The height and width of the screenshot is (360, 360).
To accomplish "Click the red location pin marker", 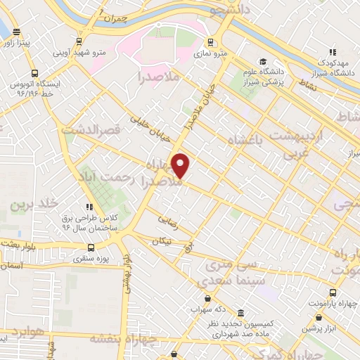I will click(x=181, y=165).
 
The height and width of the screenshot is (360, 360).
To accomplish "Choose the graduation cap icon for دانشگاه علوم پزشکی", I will click(x=263, y=61).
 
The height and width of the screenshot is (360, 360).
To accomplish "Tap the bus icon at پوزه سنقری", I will click(x=91, y=247).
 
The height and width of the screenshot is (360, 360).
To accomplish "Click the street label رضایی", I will click(x=168, y=219).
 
